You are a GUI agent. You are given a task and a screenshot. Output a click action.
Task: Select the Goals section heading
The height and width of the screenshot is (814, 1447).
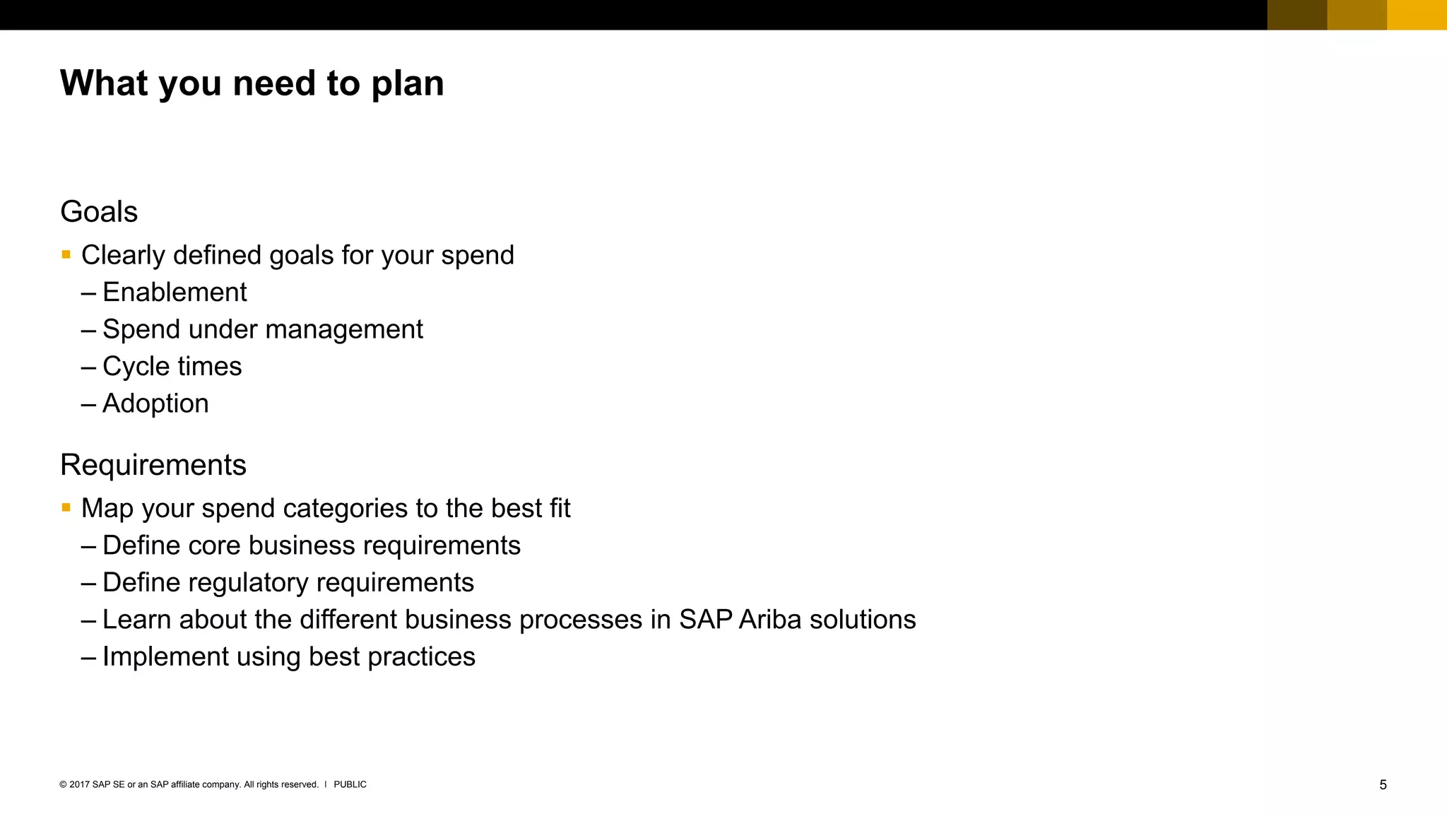pos(99,212)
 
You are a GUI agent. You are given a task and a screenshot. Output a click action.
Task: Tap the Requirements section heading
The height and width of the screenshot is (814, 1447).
pos(153,465)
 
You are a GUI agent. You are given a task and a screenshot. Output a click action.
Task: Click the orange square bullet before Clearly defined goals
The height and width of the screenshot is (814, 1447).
pos(66,254)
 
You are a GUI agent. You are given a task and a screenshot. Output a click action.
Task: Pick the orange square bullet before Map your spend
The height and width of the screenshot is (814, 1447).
pos(66,507)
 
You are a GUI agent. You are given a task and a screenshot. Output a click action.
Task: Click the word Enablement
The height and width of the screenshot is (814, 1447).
pos(175,293)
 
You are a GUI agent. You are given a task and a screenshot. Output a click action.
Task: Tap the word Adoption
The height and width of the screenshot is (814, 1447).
pos(155,403)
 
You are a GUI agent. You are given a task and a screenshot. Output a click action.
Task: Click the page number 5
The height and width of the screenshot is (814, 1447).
pos(1383,785)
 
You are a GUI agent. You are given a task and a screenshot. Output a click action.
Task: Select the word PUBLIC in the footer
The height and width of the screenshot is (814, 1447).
pos(350,784)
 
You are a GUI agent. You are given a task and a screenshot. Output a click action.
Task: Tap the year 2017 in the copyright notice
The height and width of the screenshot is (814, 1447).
pos(79,784)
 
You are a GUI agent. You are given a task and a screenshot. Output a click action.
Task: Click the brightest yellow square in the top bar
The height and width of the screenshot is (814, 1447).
pos(1417,15)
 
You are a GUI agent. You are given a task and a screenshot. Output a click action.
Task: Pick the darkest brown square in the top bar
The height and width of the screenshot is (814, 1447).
pos(1297,15)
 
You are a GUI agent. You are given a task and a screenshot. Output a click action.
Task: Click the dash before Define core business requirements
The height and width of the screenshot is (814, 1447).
pos(88,546)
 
